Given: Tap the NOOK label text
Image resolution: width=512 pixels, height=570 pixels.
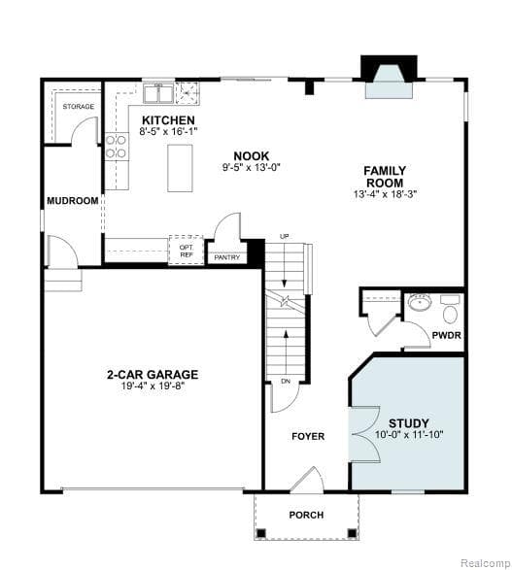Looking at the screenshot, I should pos(251,155).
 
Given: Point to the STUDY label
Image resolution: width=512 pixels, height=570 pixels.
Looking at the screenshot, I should pos(408,423).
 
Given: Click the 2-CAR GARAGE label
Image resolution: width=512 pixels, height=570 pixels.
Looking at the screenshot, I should pos(153,374).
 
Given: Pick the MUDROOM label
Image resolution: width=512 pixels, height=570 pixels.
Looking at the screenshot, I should pos(73,201).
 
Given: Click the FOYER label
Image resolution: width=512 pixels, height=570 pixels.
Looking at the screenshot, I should pos(308,436).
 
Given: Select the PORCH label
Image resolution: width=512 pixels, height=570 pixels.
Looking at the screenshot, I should pos(306,515).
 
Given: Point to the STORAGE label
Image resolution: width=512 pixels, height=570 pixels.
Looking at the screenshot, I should pos(78,106).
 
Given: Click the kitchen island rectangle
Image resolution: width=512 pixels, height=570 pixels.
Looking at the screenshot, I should pos(180,168).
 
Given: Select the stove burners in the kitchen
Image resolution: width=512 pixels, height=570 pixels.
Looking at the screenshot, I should pos(116,146).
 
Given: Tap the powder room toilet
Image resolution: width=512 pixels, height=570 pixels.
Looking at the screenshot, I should pos(450,313).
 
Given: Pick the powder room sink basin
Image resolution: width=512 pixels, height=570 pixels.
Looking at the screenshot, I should pos(420,302).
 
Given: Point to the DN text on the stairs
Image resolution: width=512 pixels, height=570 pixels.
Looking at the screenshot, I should pos(286,381).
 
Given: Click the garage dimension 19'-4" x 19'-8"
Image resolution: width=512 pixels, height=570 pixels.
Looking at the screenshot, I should pos(153,386).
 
